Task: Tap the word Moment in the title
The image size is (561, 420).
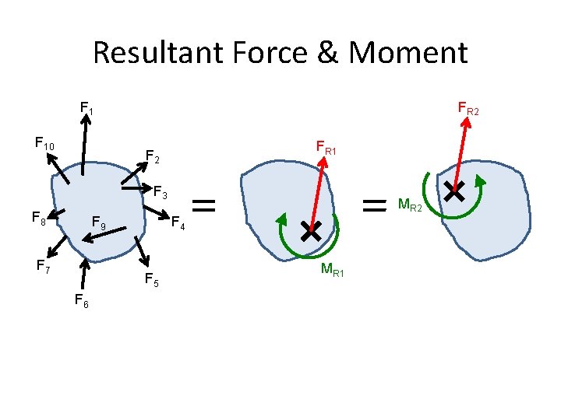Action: (408, 53)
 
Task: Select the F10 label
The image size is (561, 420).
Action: (44, 143)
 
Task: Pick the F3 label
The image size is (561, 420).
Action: (161, 191)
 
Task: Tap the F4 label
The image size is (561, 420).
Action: (178, 223)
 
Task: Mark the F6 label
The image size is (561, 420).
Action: (81, 300)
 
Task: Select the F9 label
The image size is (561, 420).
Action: (99, 224)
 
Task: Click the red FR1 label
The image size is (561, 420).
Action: (326, 147)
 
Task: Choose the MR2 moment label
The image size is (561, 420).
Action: (410, 206)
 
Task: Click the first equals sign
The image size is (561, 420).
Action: (203, 205)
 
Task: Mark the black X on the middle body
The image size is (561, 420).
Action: (311, 230)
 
